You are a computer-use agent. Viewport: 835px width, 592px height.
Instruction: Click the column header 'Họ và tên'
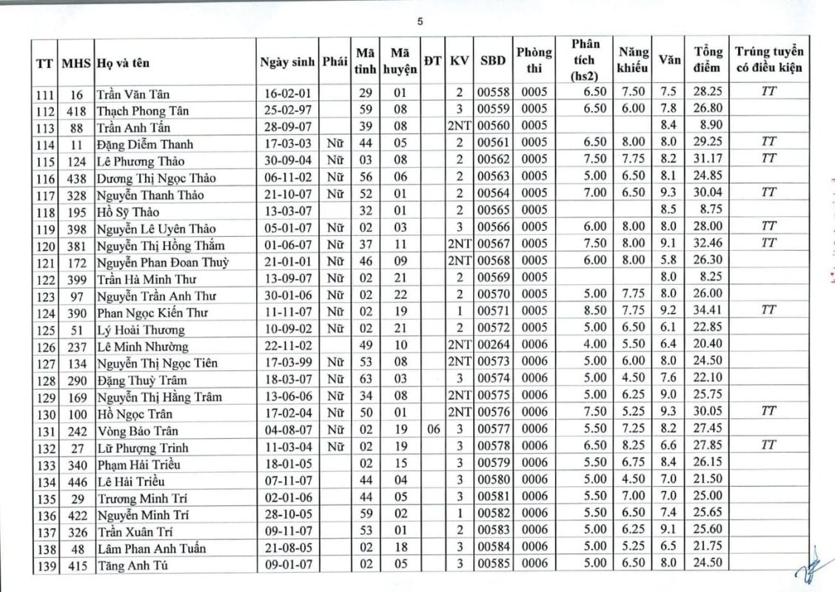pos(123,63)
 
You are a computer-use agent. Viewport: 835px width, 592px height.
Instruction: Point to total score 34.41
pos(708,312)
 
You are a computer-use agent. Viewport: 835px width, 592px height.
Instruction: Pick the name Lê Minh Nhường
pos(142,346)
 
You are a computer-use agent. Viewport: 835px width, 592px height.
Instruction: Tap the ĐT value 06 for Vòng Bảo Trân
pos(433,430)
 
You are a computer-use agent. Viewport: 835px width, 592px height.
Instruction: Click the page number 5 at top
pos(420,21)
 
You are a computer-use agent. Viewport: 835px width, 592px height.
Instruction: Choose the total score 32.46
pos(708,244)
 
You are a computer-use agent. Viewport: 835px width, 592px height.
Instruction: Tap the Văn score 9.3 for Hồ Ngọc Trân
pos(668,412)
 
